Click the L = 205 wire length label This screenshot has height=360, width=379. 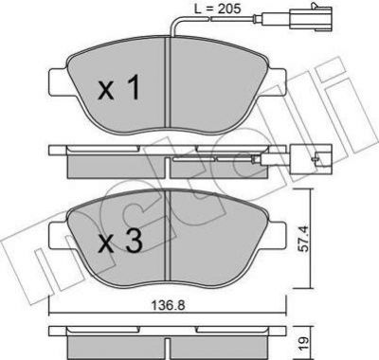217,9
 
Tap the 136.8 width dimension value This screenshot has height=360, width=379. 168,305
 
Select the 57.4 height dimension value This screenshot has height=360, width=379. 303,239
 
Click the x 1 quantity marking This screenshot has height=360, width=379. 119,90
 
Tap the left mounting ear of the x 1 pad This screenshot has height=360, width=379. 59,82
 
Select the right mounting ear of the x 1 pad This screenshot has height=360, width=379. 276,82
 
